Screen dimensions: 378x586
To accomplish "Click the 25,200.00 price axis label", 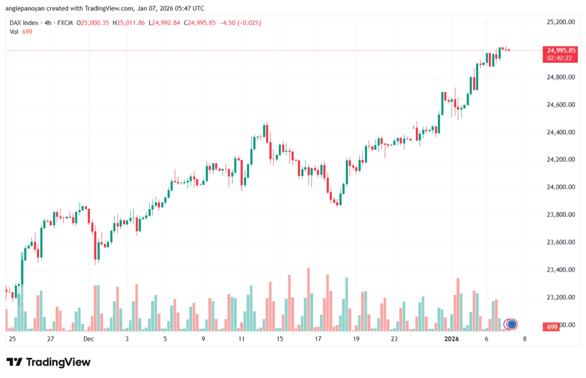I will pos(560,22).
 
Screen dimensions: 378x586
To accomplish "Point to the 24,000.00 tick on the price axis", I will pos(560,187).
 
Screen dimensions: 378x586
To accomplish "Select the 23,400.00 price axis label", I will pos(560,269).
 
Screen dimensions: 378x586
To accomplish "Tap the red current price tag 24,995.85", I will pos(561,50).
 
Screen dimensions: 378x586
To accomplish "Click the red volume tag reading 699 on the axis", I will pos(552,326).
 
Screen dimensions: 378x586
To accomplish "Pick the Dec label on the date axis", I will pos(88,339).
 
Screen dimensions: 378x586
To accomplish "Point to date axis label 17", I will pos(318,339).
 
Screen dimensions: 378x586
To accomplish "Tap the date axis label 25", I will pos(12,339).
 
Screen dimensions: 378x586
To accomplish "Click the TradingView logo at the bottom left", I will pos(48,362).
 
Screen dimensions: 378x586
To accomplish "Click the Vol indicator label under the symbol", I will pos(14,31).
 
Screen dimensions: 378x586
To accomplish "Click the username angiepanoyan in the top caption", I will pos(30,9).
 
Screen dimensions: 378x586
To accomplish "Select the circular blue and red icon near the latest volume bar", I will pos(512,324).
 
